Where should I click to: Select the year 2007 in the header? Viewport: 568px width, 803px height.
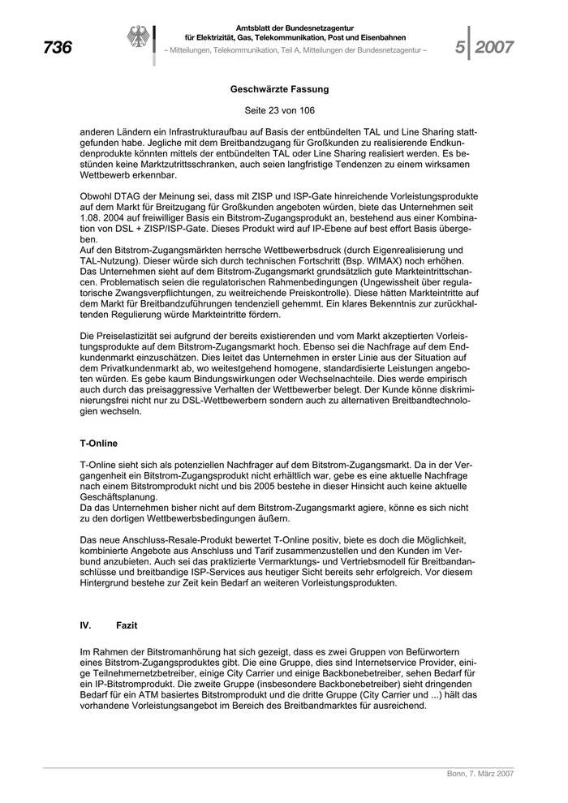494,48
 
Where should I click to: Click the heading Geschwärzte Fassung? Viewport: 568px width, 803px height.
279,89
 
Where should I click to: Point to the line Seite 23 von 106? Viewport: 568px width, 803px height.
279,109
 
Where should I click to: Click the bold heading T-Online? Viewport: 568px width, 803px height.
99,443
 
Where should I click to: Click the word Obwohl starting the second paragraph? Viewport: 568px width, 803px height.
97,197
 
